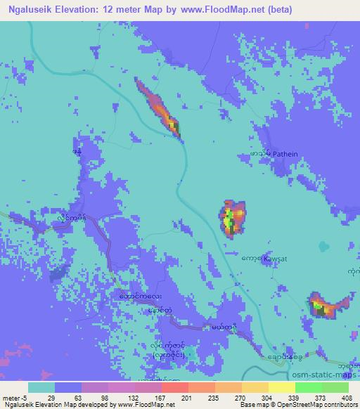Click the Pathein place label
point(282,152)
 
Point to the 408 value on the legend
point(347,397)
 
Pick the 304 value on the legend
point(267,397)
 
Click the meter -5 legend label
point(14,397)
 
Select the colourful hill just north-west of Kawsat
point(231,217)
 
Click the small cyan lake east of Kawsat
point(324,247)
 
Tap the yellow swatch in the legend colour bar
point(281,387)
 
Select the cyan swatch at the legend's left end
point(41,387)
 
